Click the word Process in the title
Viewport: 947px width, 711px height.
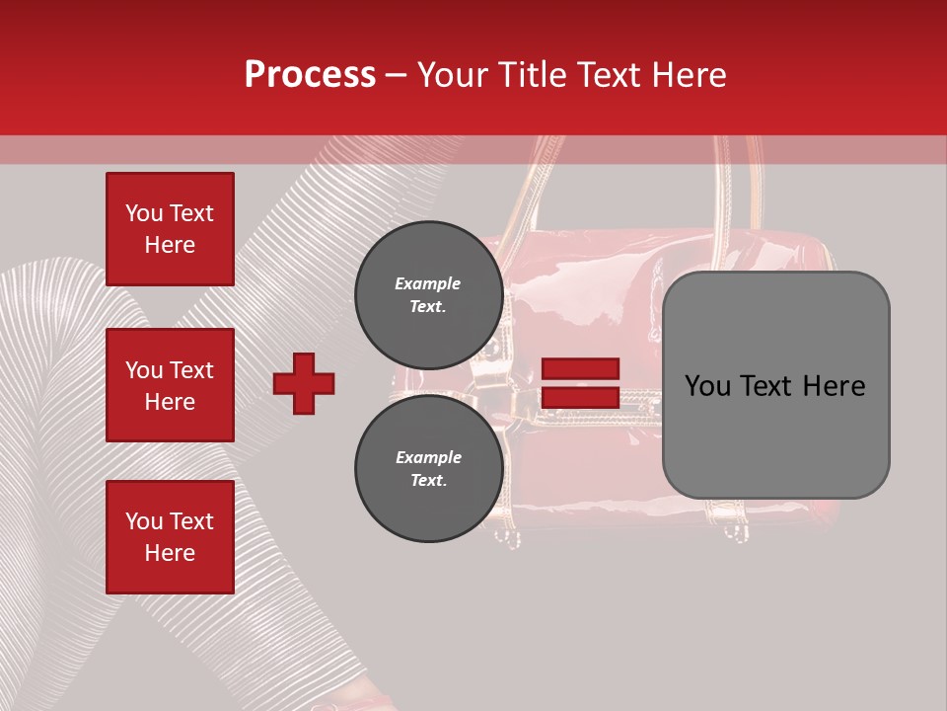coord(310,75)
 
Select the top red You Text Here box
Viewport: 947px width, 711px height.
coord(170,229)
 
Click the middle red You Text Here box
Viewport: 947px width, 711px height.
coord(170,385)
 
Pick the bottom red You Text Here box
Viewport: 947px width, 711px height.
coord(170,536)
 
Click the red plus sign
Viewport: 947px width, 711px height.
coord(304,383)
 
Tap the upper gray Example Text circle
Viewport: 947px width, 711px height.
coord(428,295)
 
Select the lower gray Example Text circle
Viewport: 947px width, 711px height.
coord(428,469)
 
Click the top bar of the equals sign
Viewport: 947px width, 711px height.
coord(580,369)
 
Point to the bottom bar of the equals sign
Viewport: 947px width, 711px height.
coord(580,398)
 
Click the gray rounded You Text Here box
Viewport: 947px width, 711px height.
coord(775,385)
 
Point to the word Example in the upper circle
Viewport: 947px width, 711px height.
coord(428,284)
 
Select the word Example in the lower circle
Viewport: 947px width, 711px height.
coord(428,458)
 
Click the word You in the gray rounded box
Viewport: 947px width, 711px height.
coord(708,386)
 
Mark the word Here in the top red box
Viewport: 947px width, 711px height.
coord(170,245)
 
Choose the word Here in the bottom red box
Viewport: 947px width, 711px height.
coord(170,553)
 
